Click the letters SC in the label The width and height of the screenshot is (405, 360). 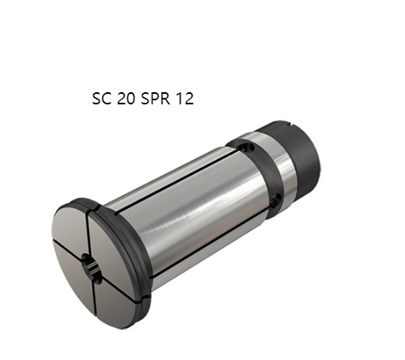click(103, 100)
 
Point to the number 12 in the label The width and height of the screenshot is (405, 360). click(186, 100)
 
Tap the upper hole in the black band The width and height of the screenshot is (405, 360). click(247, 149)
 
